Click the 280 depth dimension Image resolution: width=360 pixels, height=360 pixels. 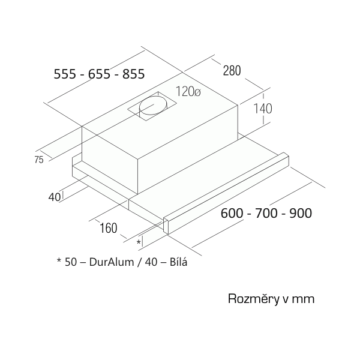tap(232, 70)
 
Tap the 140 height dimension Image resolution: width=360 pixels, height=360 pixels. tap(263, 109)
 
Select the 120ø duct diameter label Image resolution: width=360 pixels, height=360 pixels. tap(188, 91)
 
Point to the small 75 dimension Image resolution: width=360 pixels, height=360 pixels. tap(39, 160)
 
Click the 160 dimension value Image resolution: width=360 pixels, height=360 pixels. tap(109, 228)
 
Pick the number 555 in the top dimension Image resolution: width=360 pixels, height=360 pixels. tap(65, 74)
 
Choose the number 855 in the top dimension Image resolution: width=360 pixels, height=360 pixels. tap(133, 74)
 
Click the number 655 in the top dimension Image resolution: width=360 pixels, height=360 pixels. tap(99, 74)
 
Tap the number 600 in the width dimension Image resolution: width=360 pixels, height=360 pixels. tap(232, 213)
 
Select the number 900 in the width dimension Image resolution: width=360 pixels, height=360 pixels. tap(301, 213)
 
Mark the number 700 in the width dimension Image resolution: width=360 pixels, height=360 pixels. tap(266, 213)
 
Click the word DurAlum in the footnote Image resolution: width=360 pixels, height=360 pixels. tap(112, 262)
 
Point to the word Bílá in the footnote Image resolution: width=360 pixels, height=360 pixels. tap(178, 262)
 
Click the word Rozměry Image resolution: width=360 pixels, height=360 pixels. tap(253, 299)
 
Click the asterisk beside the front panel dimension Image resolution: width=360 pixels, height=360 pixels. tap(139, 242)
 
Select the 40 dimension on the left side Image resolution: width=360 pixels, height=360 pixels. tap(55, 197)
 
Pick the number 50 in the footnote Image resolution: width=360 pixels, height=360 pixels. tap(71, 262)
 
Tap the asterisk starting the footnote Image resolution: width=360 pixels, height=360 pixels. tap(59, 260)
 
